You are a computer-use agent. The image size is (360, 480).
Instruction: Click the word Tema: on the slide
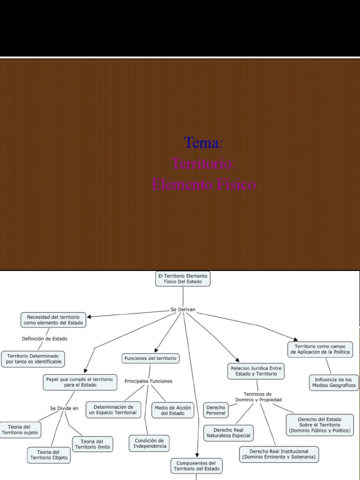pos(203,142)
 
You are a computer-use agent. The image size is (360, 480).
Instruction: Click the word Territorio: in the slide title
pos(203,164)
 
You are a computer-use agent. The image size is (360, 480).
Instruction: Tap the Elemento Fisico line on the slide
pos(203,184)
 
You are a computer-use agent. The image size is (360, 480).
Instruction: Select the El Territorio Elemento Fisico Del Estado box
pos(183,279)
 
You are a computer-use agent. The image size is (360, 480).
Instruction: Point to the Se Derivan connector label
pos(183,309)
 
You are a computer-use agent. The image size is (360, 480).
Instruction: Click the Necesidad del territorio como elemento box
pos(53,320)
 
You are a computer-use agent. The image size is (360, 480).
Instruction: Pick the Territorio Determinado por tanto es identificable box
pos(33,359)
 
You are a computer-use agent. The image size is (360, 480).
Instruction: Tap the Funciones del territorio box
pos(150,358)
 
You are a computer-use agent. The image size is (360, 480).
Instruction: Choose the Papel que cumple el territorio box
pos(80,382)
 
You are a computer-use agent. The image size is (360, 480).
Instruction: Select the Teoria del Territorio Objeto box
pos(49,455)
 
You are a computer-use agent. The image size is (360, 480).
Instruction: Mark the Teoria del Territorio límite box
pos(92,444)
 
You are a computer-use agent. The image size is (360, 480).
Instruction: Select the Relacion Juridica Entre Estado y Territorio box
pos(256,371)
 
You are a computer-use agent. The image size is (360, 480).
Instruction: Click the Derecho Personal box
pos(216,410)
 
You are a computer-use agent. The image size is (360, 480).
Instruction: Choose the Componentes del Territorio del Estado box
pos(196,465)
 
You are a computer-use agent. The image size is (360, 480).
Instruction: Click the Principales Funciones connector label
pos(148,381)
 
